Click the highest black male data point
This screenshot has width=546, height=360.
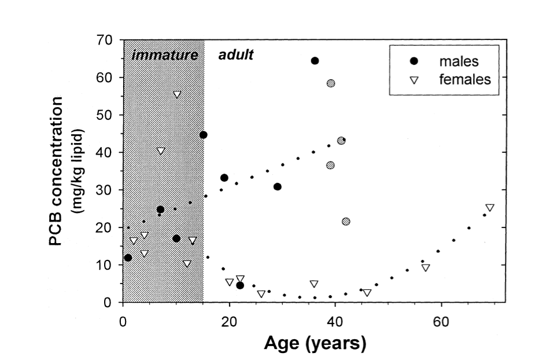pyautogui.click(x=315, y=61)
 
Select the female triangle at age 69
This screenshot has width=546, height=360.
pyautogui.click(x=490, y=208)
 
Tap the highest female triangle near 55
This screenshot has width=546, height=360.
pyautogui.click(x=177, y=94)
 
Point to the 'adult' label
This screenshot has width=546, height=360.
pyautogui.click(x=236, y=56)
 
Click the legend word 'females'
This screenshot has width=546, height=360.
pyautogui.click(x=464, y=79)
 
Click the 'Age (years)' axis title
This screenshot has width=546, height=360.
pyautogui.click(x=315, y=343)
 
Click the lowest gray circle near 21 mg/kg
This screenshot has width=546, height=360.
pyautogui.click(x=346, y=222)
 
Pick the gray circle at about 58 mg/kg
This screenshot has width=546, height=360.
pyautogui.click(x=330, y=83)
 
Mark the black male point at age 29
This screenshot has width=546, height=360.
pyautogui.click(x=278, y=186)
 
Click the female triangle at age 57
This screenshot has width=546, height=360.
pyautogui.click(x=426, y=268)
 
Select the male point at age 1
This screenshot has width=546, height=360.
pyautogui.click(x=128, y=258)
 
